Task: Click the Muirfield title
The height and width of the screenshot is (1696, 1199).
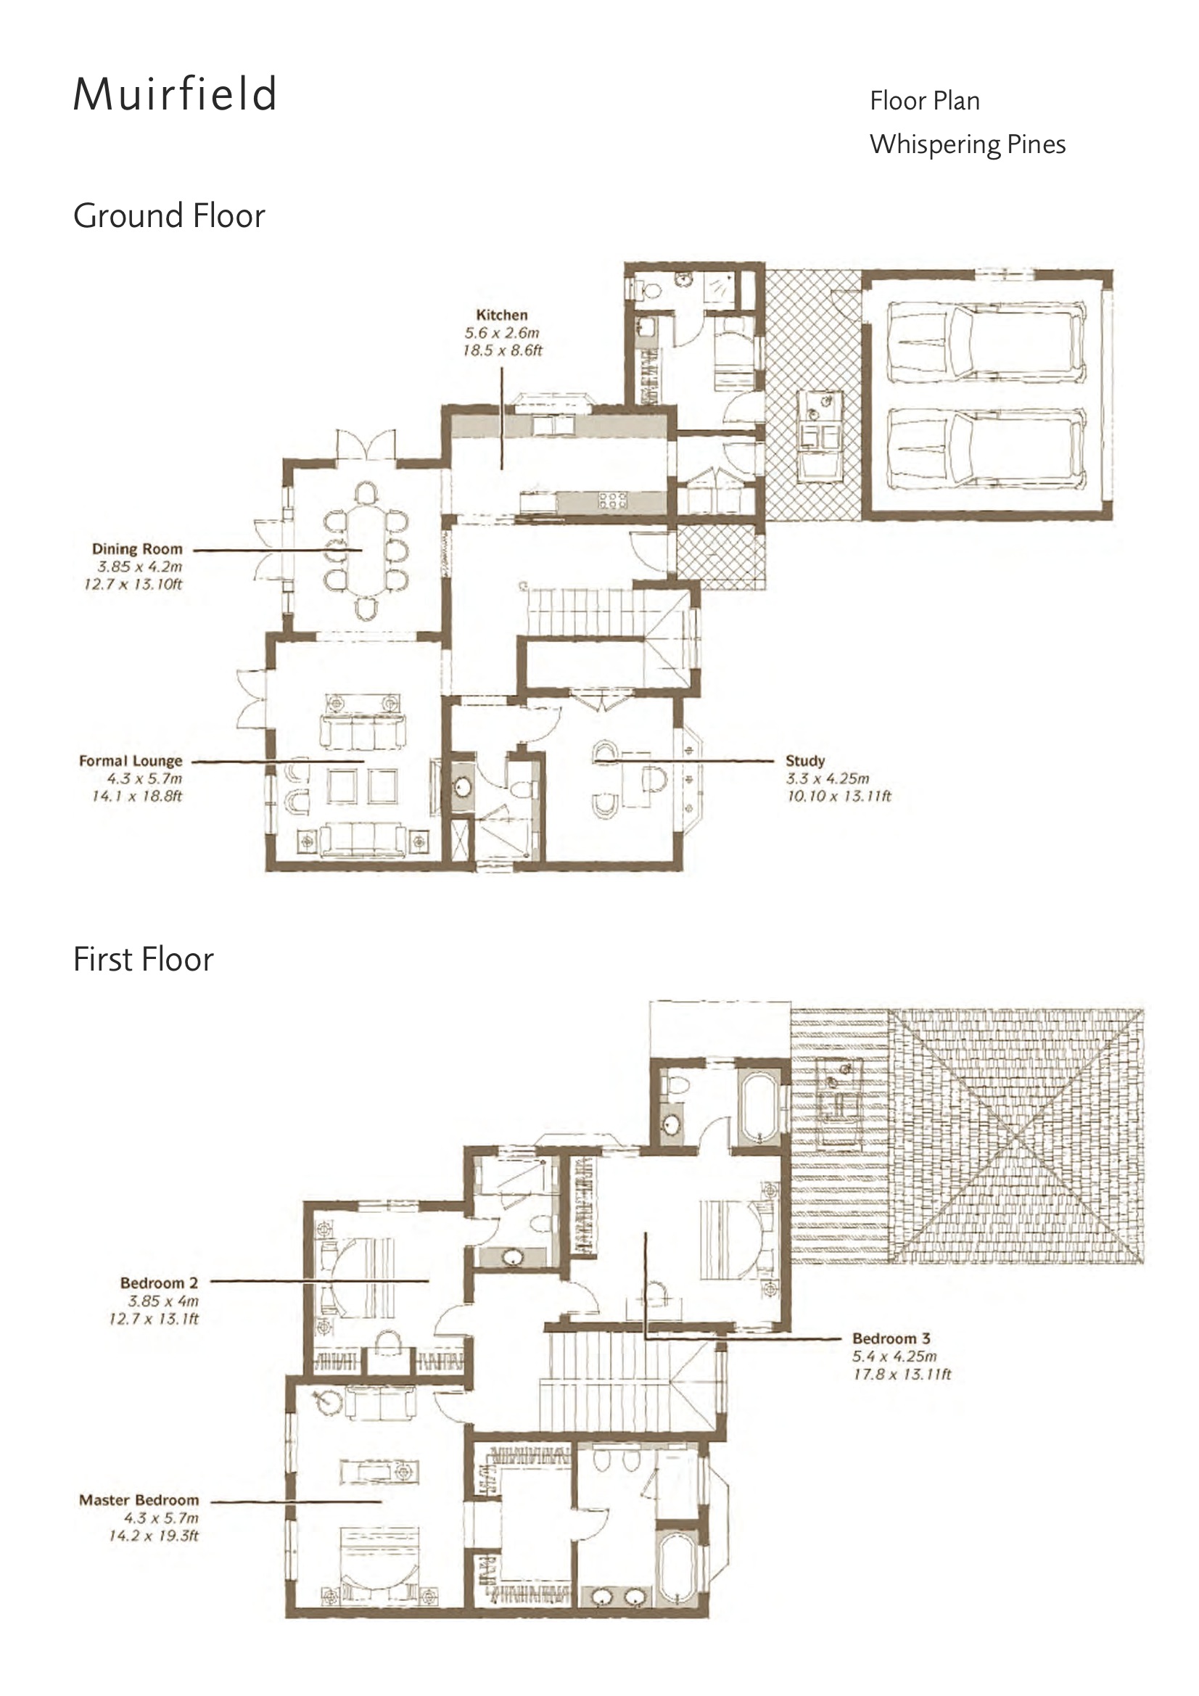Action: point(175,94)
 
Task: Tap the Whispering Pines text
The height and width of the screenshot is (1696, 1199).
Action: point(967,144)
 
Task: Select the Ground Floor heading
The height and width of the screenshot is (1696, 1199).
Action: point(169,215)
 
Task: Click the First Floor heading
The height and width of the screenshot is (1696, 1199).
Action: point(144,960)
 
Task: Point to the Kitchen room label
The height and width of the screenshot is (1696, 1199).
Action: point(502,315)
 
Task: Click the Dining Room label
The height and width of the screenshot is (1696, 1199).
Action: point(136,549)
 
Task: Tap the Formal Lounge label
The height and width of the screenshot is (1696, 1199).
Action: point(131,761)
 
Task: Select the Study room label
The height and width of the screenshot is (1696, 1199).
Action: point(804,761)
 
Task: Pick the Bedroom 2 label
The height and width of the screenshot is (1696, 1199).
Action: point(159,1283)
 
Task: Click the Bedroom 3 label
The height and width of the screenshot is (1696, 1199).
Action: point(891,1338)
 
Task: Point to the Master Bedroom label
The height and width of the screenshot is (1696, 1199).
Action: point(139,1500)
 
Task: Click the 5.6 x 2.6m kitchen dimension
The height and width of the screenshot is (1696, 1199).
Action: point(502,332)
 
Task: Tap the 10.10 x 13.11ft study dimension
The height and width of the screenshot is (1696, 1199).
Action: point(839,796)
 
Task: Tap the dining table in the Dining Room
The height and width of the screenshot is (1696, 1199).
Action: point(366,549)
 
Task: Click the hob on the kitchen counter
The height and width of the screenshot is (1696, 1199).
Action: point(612,500)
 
